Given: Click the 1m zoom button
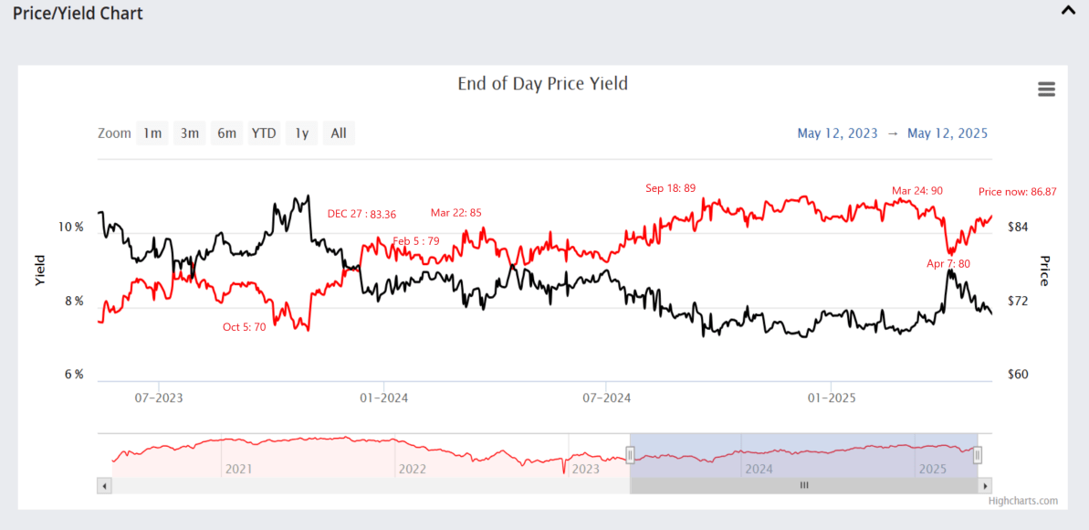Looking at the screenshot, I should [x=152, y=133].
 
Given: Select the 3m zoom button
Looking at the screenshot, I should [x=189, y=133].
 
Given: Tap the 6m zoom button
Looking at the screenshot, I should [x=226, y=133].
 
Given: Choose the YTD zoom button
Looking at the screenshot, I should [x=264, y=133].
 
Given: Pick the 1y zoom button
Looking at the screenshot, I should [x=301, y=133].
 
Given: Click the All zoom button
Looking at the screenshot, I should [x=339, y=133].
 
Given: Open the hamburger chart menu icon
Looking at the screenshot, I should [x=1046, y=90].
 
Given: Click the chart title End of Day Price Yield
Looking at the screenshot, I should [x=542, y=84].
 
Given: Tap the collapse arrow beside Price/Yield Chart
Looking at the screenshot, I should [x=1067, y=11].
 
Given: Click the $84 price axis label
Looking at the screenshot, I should [x=1018, y=227].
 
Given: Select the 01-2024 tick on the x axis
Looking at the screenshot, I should [x=383, y=398].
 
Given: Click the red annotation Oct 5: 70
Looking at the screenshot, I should [x=244, y=327].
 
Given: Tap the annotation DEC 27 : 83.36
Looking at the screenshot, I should [x=361, y=215].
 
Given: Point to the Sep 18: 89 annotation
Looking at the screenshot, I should [x=670, y=189].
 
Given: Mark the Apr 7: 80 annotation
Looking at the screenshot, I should [x=948, y=264].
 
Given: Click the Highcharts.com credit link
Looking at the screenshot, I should [x=1022, y=501].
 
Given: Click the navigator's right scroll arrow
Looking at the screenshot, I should [x=985, y=485].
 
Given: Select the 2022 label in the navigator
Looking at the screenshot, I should [x=412, y=469].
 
